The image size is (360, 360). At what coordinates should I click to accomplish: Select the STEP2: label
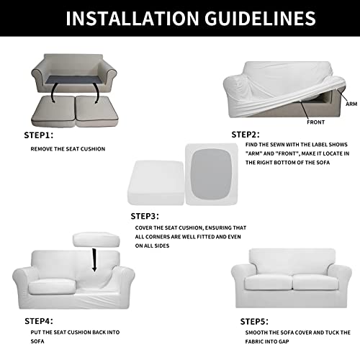(248, 134)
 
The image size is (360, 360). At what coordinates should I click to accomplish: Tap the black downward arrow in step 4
(94, 259)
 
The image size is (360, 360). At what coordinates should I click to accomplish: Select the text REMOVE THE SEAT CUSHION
(68, 149)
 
